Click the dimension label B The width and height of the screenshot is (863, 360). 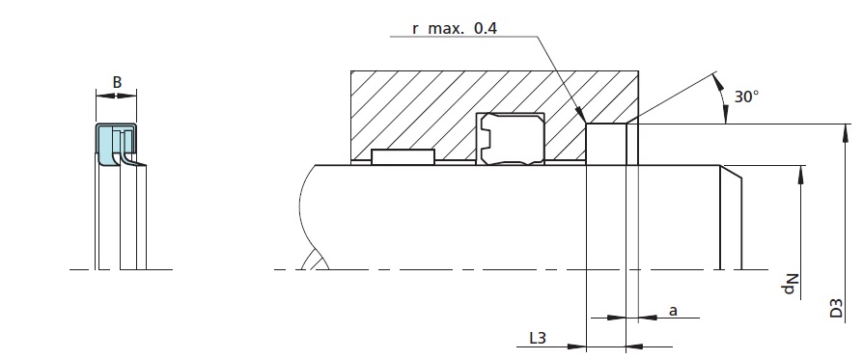tap(117, 82)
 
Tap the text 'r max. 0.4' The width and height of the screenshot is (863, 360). tap(455, 28)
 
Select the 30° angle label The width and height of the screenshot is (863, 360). tap(746, 97)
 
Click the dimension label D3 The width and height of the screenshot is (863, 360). tap(836, 308)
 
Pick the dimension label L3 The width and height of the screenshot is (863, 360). tap(537, 338)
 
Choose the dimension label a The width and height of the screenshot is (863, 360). tap(673, 311)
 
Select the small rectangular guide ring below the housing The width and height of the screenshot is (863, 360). tap(403, 157)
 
